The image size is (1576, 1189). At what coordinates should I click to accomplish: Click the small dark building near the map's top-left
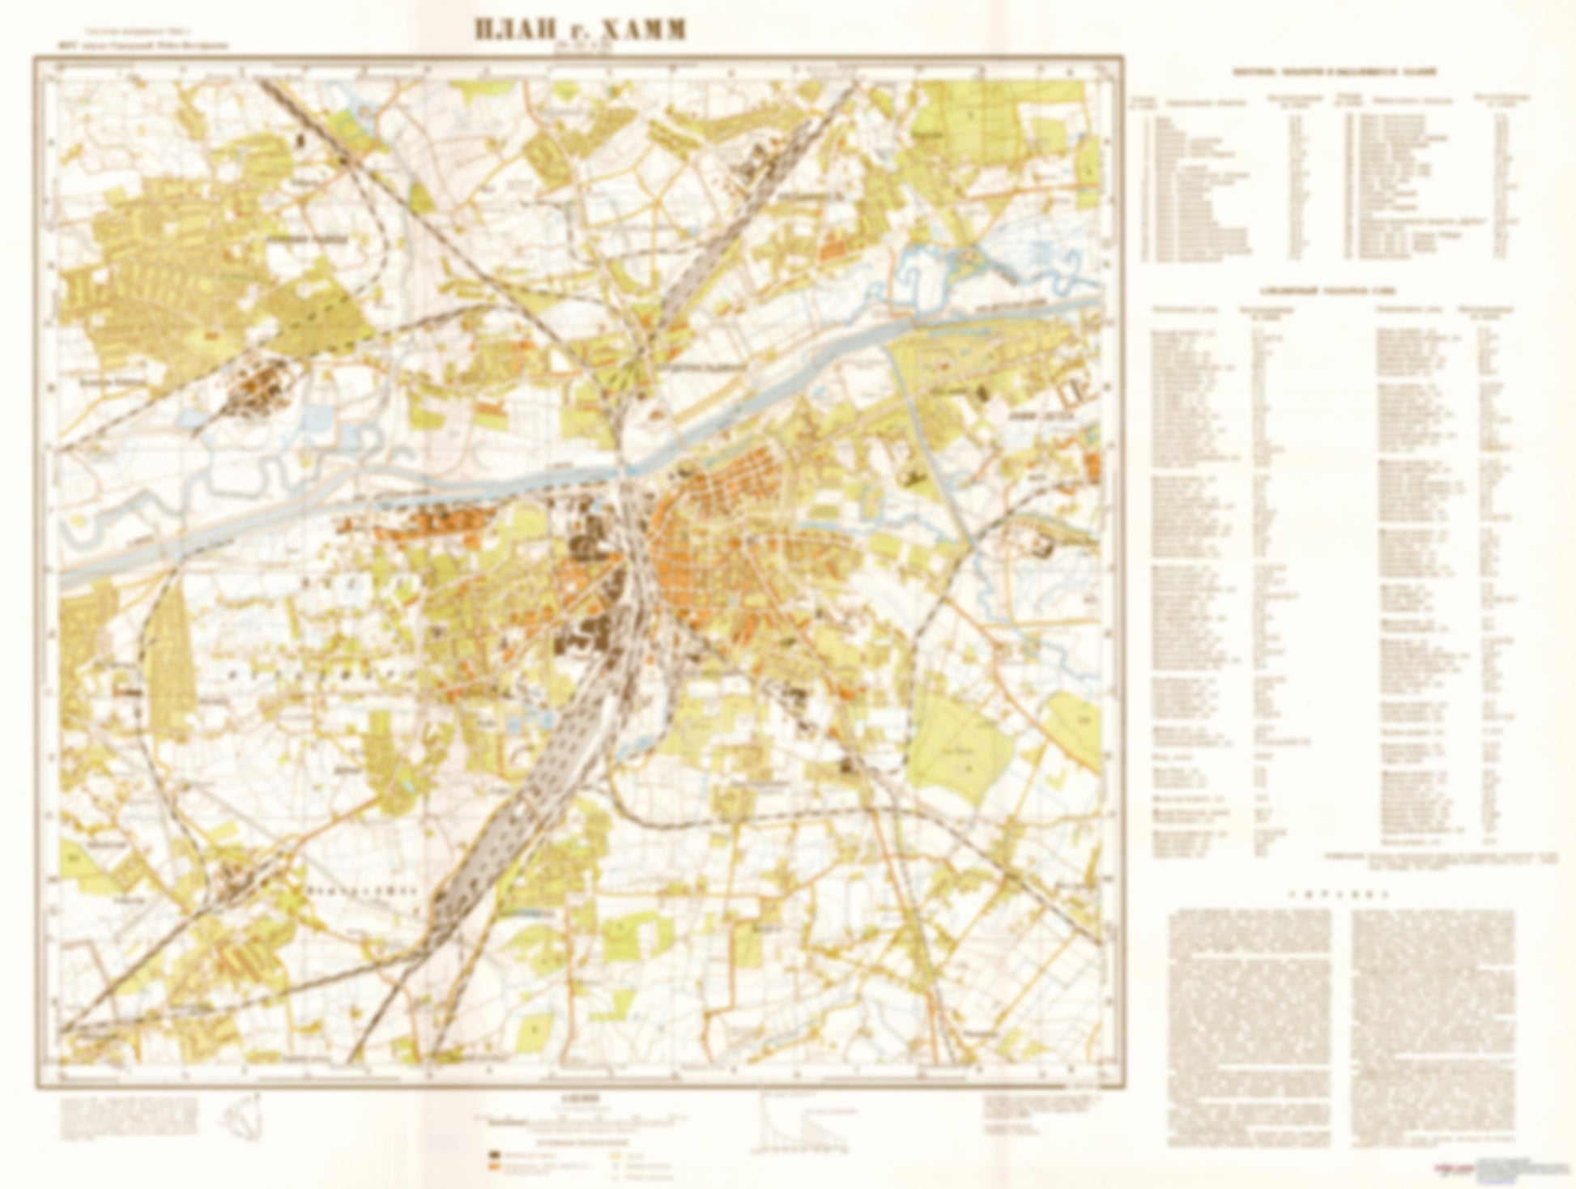(302, 140)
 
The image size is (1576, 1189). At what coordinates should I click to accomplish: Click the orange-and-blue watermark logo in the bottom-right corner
(1458, 1168)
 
